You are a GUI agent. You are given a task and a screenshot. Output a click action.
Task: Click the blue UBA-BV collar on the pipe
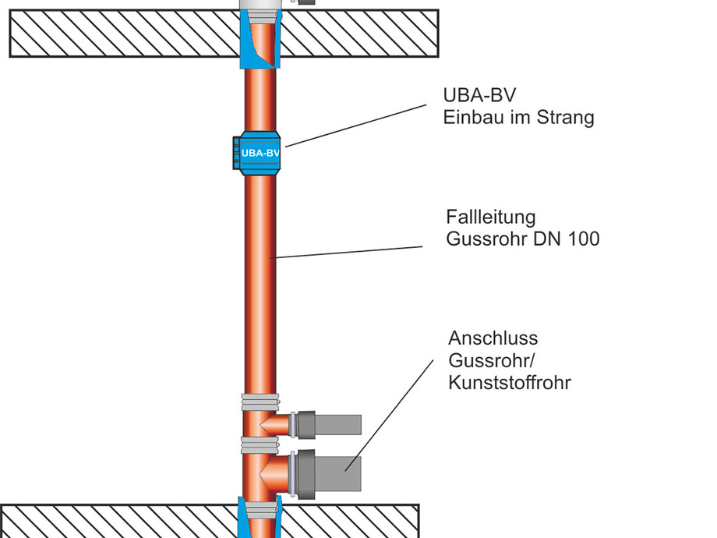(x=260, y=153)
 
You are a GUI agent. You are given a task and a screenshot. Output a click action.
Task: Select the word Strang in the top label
(x=565, y=118)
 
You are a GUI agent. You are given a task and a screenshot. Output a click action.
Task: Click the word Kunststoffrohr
(x=509, y=383)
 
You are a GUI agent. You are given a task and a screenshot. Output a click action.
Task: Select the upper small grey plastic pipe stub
(x=337, y=424)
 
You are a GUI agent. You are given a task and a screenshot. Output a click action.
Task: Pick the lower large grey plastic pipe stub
(x=339, y=469)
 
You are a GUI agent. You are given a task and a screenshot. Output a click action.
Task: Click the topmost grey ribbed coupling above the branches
(x=260, y=402)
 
